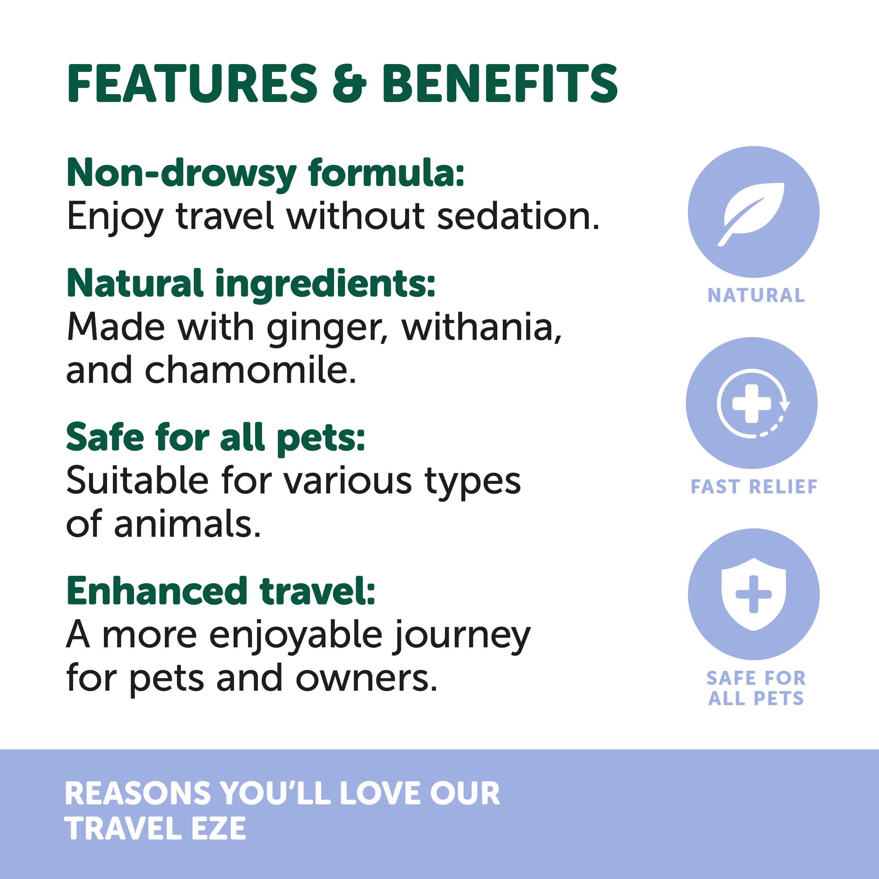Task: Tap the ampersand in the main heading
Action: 349,84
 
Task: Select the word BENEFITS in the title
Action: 500,84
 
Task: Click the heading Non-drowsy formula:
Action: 266,173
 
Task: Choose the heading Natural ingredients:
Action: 251,283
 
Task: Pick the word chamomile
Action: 250,370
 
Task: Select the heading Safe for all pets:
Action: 215,437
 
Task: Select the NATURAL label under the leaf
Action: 756,296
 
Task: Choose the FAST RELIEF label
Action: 754,487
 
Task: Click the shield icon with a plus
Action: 753,594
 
